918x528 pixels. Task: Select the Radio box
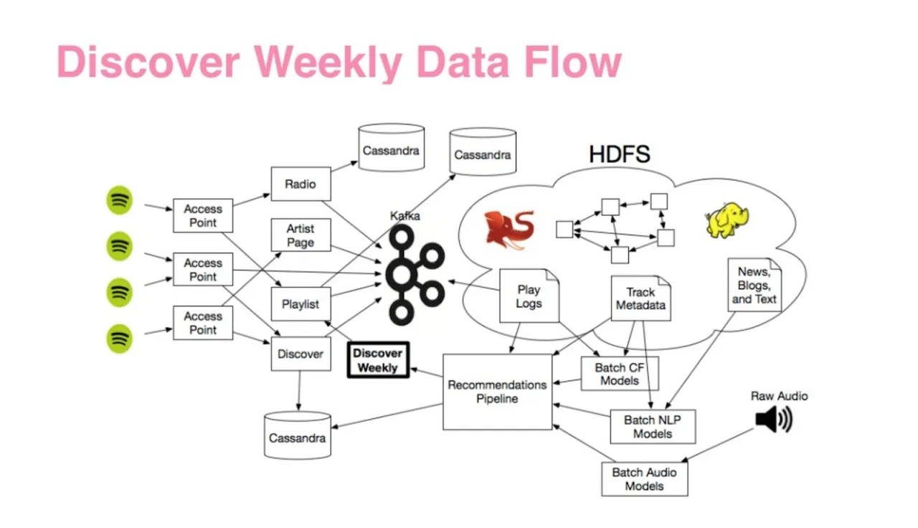[301, 184]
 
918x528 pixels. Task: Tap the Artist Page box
[301, 235]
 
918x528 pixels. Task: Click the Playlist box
[301, 304]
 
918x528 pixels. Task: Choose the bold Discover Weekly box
[378, 360]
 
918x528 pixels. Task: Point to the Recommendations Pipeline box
[497, 392]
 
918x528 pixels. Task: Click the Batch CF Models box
[620, 374]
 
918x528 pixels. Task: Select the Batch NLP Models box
[653, 426]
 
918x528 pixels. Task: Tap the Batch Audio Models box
[644, 478]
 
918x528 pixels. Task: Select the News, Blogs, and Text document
[754, 286]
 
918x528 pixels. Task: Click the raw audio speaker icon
[772, 420]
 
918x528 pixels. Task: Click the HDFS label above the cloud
[620, 154]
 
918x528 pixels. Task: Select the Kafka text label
[405, 215]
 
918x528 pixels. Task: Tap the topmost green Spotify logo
[120, 200]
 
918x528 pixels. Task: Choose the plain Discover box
[301, 354]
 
